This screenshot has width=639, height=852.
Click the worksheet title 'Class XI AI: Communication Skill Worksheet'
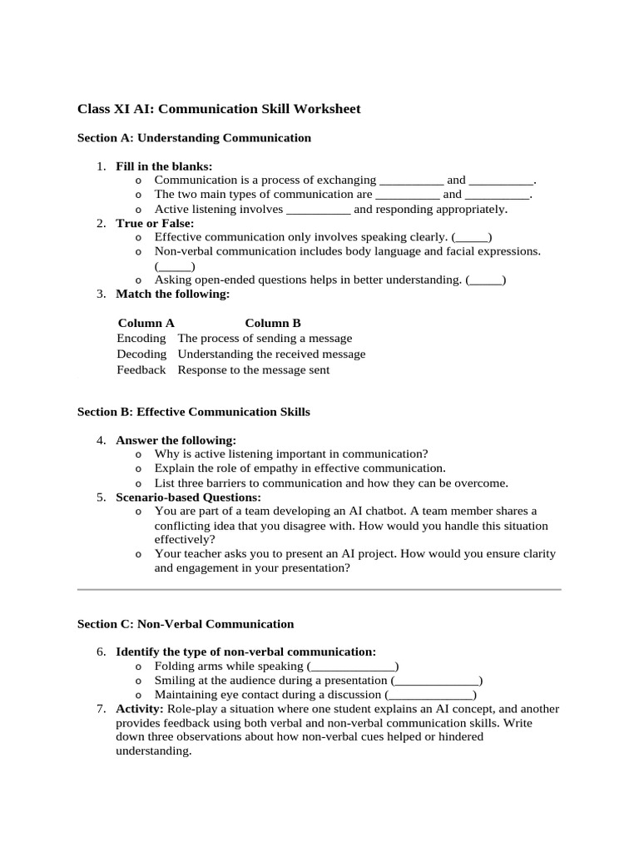(219, 109)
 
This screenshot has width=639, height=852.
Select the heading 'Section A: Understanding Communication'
(194, 137)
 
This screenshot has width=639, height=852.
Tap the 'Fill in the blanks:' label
(164, 166)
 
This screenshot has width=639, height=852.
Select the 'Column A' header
(146, 323)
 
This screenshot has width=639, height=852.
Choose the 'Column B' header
(272, 323)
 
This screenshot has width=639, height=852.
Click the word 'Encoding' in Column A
(141, 339)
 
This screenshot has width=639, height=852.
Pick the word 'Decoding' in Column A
(141, 354)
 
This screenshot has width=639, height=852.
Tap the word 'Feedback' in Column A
(141, 370)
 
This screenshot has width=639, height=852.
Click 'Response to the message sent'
(254, 370)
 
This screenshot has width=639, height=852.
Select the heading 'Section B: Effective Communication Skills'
(193, 412)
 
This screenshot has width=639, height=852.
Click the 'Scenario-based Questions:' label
(187, 497)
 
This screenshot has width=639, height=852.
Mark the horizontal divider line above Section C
(319, 589)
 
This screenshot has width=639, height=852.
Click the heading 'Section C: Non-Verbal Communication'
(186, 624)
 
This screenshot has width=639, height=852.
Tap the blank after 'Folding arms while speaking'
(353, 666)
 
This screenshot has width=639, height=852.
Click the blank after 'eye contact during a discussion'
(431, 695)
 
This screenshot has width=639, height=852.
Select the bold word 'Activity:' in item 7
(140, 709)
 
